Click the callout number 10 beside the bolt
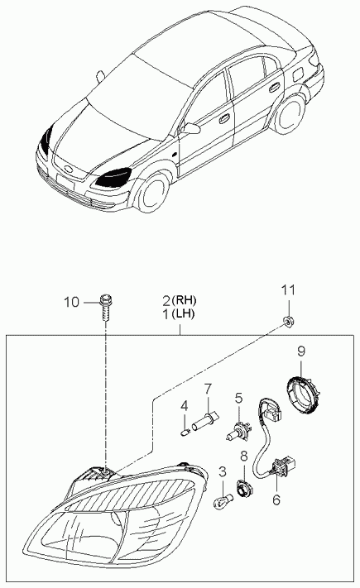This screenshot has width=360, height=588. click(x=71, y=302)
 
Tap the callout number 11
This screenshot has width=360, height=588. click(x=288, y=290)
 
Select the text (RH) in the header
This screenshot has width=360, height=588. click(x=184, y=300)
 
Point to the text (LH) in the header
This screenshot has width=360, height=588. click(x=183, y=314)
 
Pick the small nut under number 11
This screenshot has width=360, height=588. click(x=288, y=321)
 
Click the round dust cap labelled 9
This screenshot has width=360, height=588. click(x=303, y=395)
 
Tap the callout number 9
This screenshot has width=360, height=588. click(x=301, y=351)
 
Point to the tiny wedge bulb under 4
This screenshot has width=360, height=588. click(x=185, y=433)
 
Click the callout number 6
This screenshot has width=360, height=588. click(x=276, y=500)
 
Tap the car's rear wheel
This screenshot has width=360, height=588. click(x=290, y=115)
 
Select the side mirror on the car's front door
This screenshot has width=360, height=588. click(x=190, y=128)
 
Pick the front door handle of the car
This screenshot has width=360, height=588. click(x=224, y=118)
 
